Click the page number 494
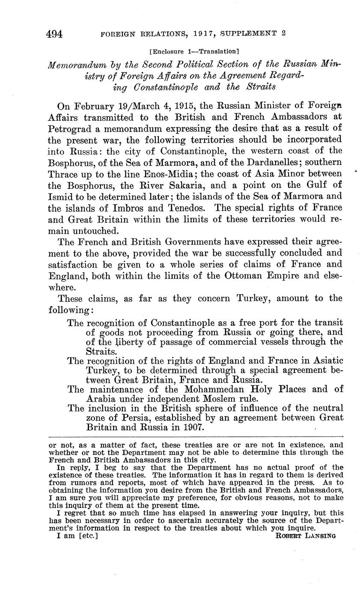tap(55, 34)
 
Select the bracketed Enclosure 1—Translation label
tap(194, 51)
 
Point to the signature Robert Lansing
tap(306, 535)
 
